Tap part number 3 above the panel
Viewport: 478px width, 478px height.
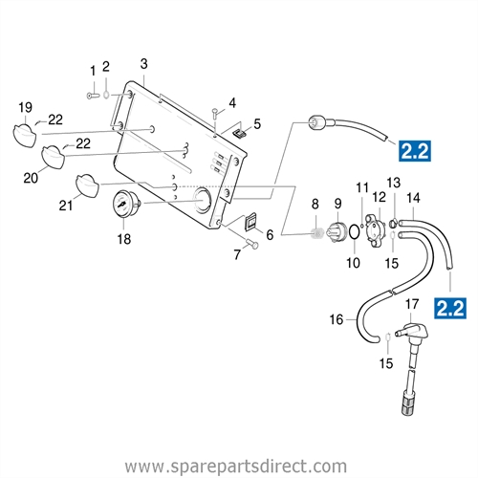[x=143, y=64]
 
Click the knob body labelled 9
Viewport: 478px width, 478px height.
[x=337, y=229]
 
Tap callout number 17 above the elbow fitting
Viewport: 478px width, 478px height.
[x=412, y=305]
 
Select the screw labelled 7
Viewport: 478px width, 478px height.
[x=253, y=247]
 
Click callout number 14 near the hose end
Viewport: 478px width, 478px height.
[x=412, y=198]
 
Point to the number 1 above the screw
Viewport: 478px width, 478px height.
[x=93, y=71]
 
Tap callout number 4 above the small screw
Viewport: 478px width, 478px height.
[x=231, y=103]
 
